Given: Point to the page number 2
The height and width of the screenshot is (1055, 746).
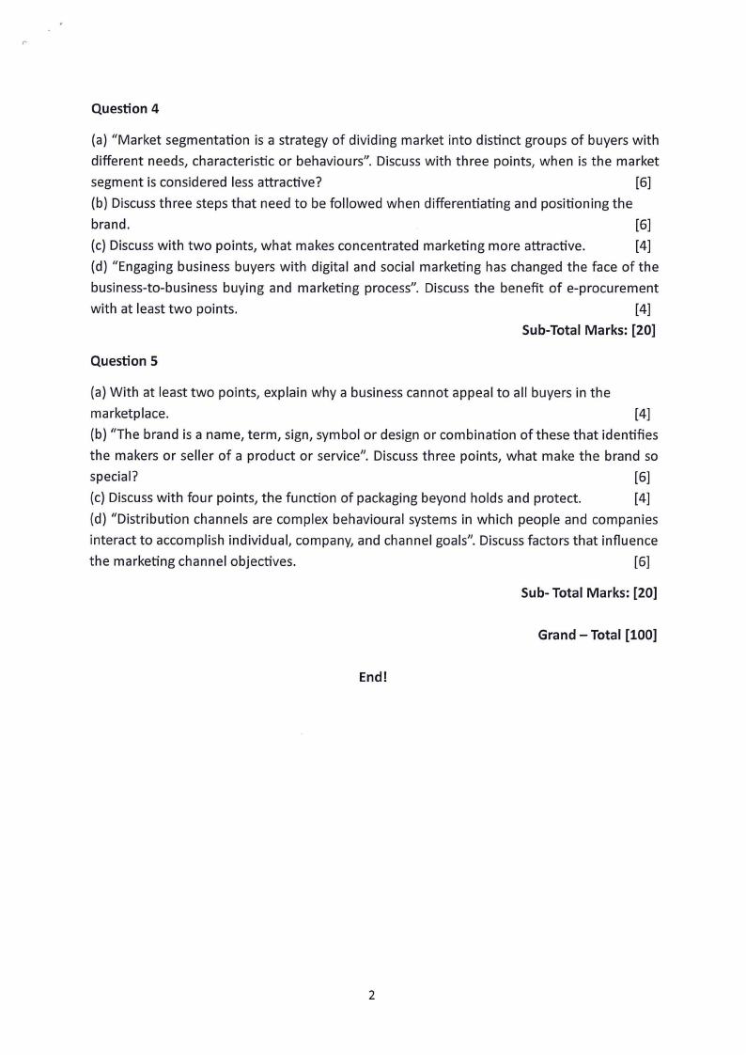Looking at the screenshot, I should [x=372, y=995].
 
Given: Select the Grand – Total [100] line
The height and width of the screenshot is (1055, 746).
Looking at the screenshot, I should [x=597, y=635].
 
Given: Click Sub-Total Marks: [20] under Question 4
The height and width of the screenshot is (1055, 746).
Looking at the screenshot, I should [x=588, y=330].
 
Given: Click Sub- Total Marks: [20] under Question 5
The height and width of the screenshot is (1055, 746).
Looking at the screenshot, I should [x=588, y=593].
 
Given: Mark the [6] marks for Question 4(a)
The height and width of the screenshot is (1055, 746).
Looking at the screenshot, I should [x=643, y=182].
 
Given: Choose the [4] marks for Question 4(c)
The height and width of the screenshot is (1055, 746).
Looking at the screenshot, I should [x=643, y=246].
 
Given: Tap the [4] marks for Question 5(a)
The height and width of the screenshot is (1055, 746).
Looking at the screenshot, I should [x=643, y=414].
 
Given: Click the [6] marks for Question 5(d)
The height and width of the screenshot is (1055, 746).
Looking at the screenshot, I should [x=643, y=562].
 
